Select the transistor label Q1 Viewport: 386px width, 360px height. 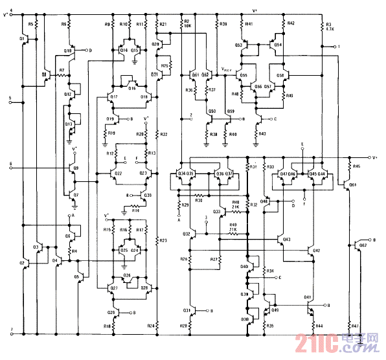tap(23, 39)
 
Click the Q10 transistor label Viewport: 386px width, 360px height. tap(68, 51)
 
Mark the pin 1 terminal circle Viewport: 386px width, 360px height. tap(332, 47)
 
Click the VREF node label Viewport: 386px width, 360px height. tap(229, 70)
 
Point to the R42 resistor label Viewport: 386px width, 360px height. tap(290, 23)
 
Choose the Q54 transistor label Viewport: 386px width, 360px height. tap(278, 45)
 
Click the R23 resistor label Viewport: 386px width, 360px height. tap(163, 241)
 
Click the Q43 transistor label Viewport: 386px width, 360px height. tap(286, 240)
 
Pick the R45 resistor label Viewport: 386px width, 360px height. tap(356, 166)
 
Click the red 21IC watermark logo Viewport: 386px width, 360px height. tap(317, 343)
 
